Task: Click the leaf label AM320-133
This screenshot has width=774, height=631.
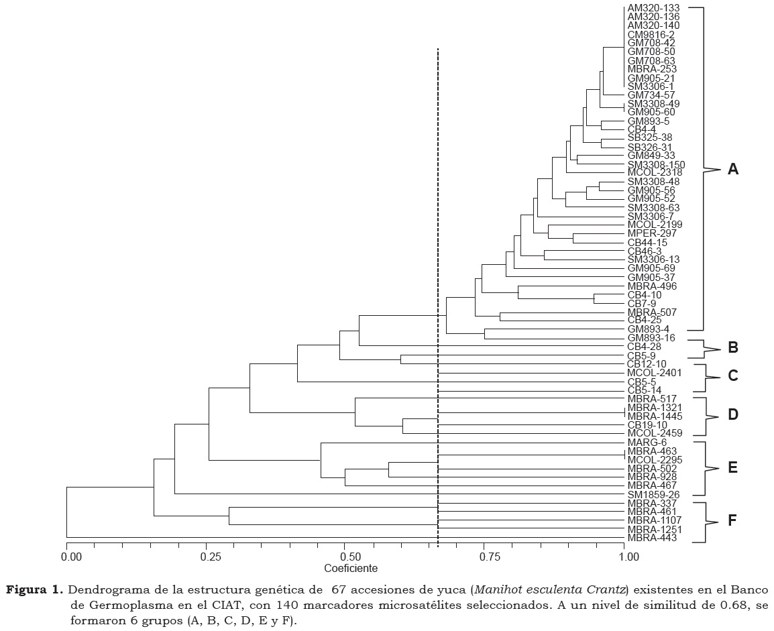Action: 653,7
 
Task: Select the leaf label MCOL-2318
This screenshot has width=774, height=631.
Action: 655,172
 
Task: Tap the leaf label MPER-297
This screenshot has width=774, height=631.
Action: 652,233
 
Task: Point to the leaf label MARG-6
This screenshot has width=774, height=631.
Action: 647,442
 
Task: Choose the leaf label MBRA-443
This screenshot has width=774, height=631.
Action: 652,538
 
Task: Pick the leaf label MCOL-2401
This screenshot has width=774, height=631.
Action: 655,372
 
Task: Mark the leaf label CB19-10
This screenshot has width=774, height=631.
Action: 647,424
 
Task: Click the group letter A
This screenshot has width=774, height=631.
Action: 733,170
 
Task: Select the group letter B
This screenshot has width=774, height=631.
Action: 733,348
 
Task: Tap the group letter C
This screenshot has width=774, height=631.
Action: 733,376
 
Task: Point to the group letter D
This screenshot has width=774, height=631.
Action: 733,415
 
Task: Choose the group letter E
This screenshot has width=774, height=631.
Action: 733,467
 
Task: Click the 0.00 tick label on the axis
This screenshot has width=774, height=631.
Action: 67,557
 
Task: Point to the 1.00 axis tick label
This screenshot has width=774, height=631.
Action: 625,557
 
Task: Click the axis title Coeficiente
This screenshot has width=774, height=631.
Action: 351,568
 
